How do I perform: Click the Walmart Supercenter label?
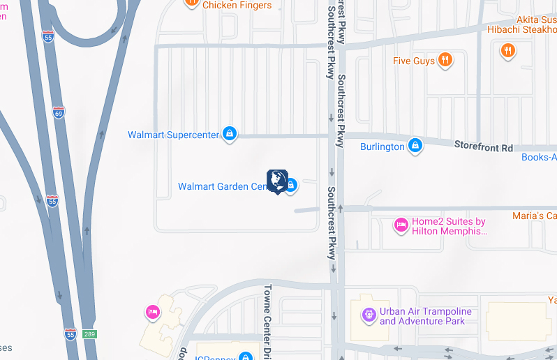pos(174,135)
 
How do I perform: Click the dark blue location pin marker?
pos(277,181)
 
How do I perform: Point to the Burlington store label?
pos(382,147)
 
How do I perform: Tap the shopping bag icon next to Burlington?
pos(415,146)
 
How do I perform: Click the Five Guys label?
pos(414,61)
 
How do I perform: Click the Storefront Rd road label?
pos(483,148)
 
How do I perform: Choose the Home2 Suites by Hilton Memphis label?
pos(448,226)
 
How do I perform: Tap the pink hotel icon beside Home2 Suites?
pos(401,225)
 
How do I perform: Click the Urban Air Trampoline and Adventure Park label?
pos(425,316)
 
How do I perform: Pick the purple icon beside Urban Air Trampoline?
pos(369,316)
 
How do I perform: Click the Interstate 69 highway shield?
pos(59,112)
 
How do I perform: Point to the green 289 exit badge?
pos(89,334)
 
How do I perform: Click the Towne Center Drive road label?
pos(267,321)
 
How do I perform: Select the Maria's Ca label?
pos(534,216)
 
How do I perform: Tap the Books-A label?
pos(539,157)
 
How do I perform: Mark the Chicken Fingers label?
pos(237,5)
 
